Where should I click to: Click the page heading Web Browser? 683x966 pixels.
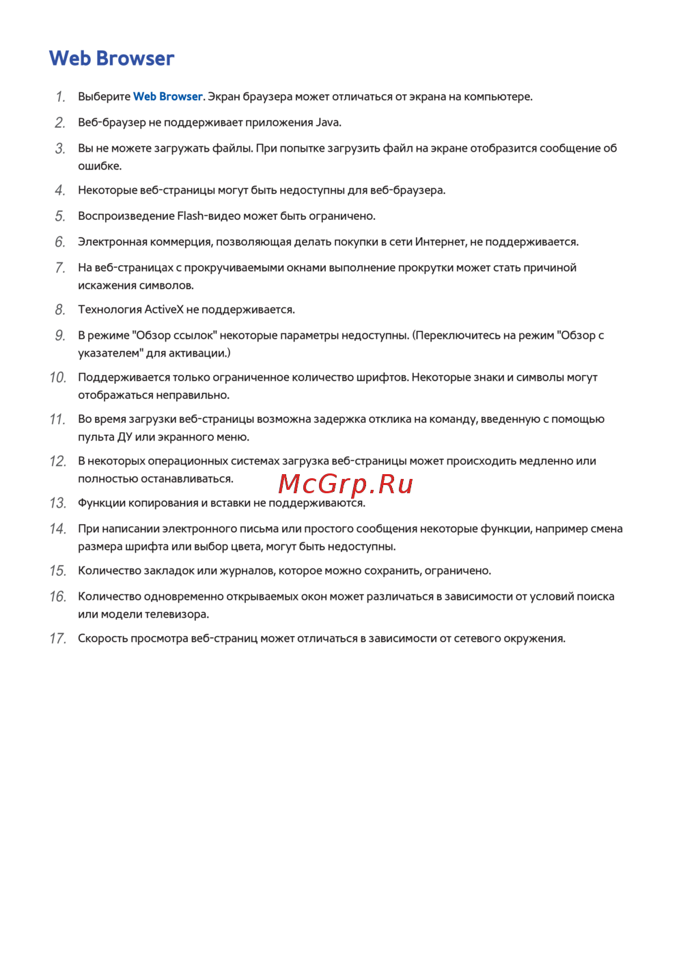tap(111, 59)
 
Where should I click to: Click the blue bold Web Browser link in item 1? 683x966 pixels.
tap(167, 96)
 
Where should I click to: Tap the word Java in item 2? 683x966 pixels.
tap(327, 122)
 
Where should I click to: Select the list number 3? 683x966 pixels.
tap(60, 148)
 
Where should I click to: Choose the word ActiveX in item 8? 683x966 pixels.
tap(164, 309)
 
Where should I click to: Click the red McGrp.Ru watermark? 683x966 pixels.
tap(346, 484)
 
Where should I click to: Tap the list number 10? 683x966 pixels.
tap(57, 377)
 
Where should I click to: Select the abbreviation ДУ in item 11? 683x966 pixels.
tap(125, 437)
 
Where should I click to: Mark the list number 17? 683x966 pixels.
tap(57, 638)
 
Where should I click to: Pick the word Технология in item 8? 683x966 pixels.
tap(109, 309)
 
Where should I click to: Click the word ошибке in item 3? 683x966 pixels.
tap(98, 166)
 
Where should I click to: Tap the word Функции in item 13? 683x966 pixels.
tap(102, 503)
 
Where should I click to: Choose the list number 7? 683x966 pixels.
tap(60, 268)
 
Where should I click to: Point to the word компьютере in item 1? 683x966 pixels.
tap(497, 96)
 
